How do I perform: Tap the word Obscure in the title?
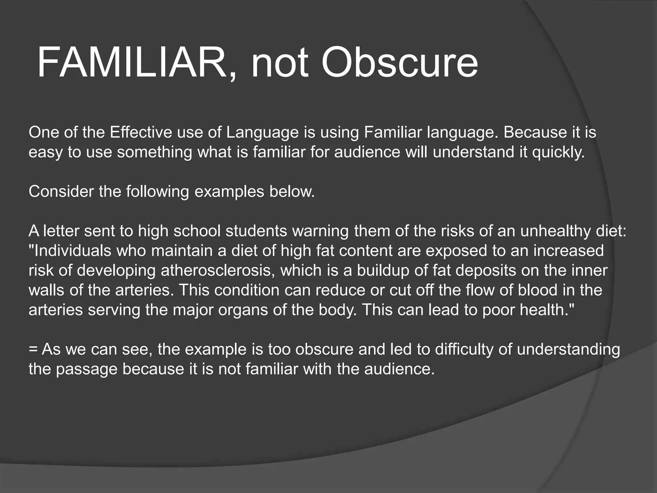[x=400, y=63]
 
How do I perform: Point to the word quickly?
[x=559, y=152]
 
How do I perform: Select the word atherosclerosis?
[x=218, y=271]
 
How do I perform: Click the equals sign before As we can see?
[x=33, y=350]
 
